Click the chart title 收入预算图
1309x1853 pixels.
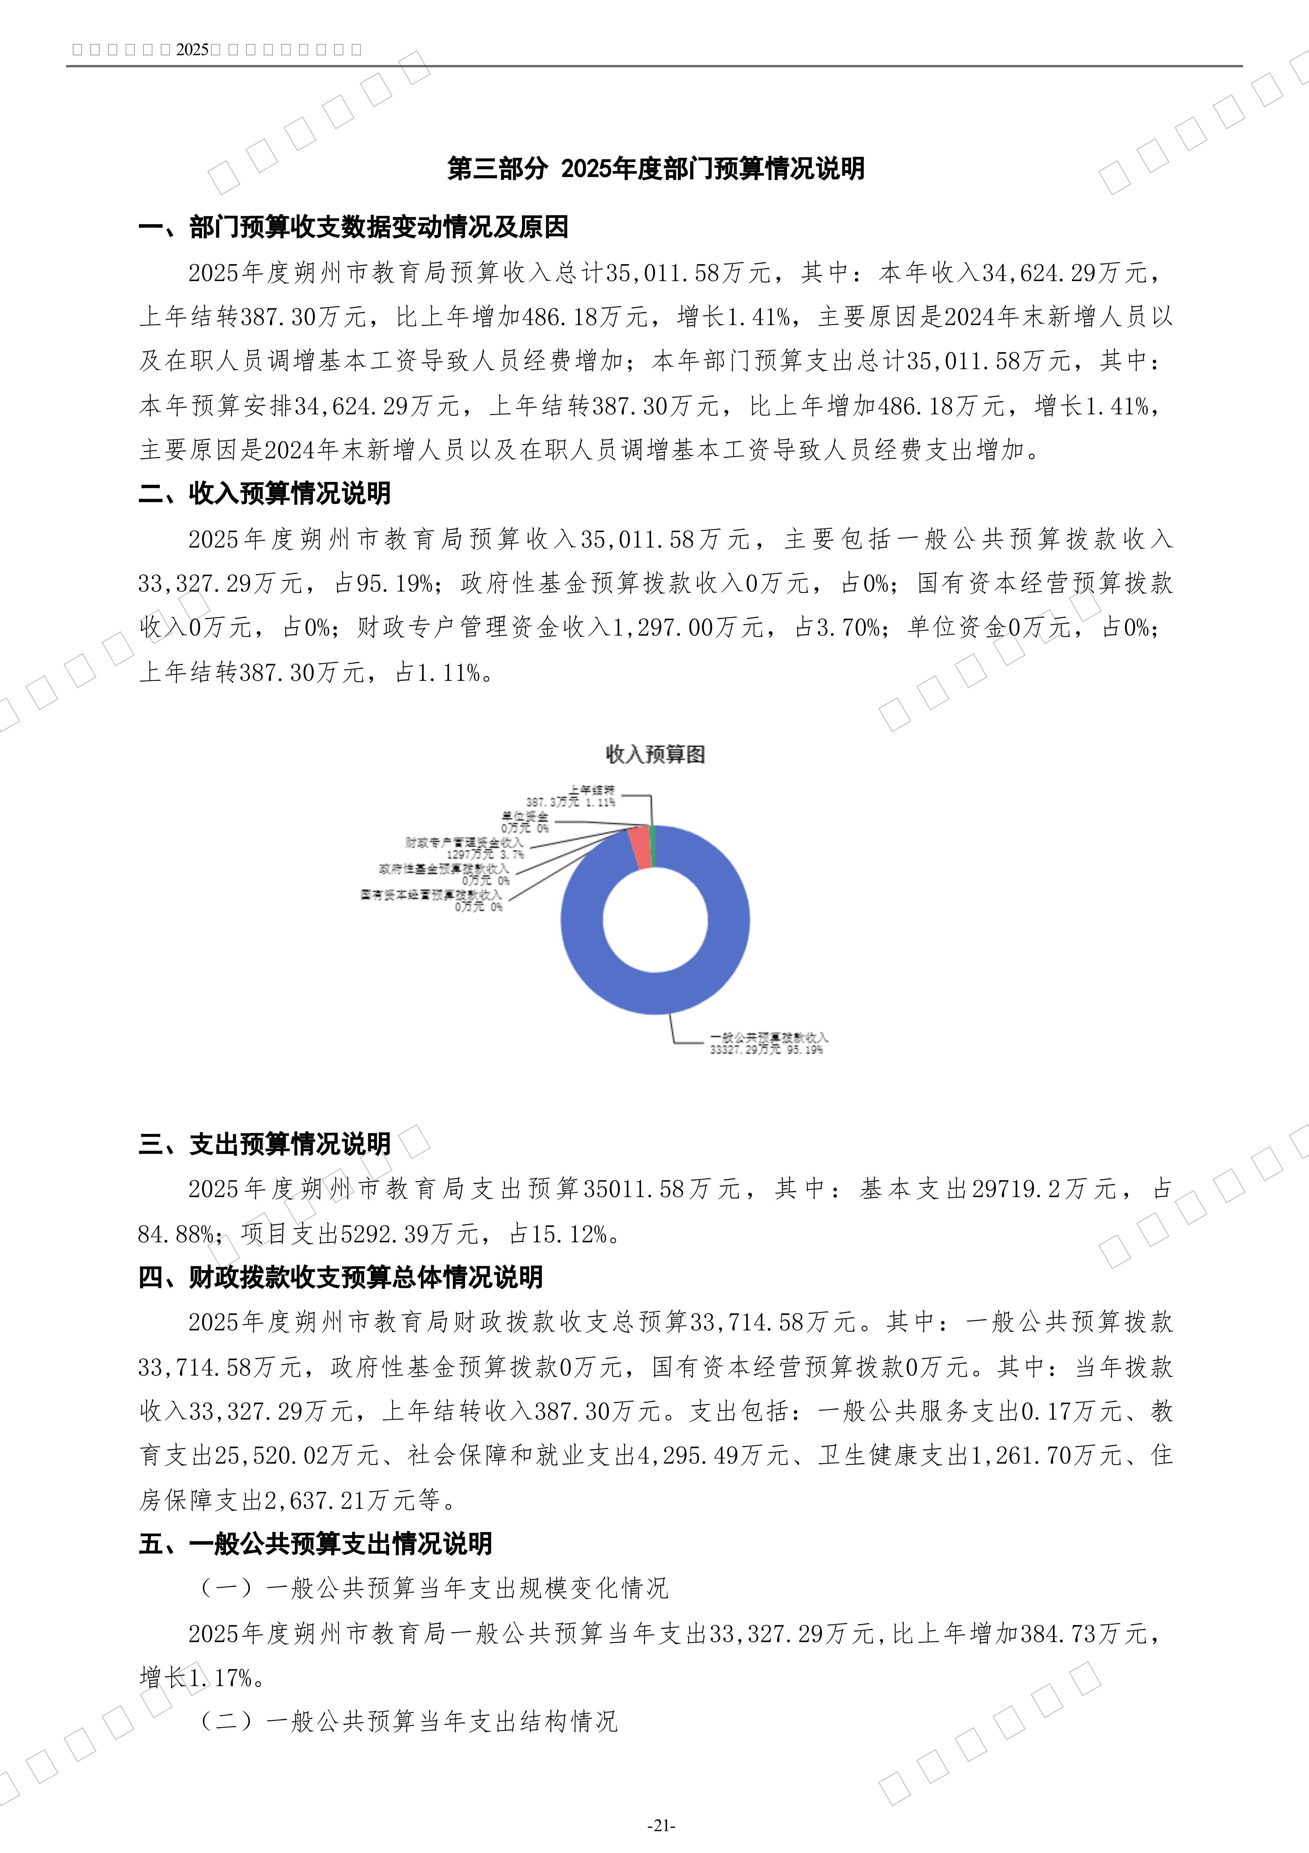[x=655, y=755]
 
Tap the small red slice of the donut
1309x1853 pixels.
[x=639, y=847]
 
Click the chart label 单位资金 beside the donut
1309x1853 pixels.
[x=525, y=817]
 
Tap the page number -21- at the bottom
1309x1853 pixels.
[x=661, y=1825]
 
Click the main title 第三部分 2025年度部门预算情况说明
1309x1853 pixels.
[x=655, y=169]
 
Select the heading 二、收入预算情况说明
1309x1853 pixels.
[x=265, y=493]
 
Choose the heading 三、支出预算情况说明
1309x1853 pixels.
[x=265, y=1144]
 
